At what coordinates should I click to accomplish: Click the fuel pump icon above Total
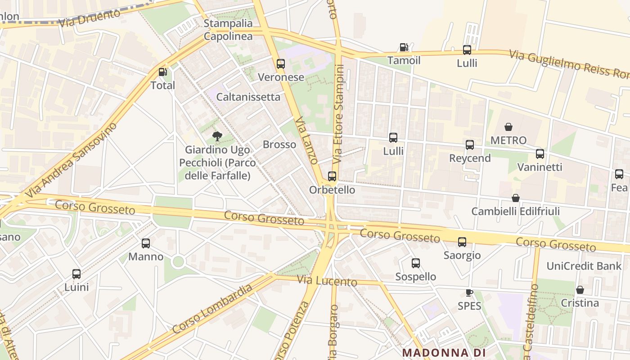162,72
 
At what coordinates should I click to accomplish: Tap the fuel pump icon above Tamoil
404,47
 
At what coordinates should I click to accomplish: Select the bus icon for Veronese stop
281,64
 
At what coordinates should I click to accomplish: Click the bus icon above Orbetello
332,176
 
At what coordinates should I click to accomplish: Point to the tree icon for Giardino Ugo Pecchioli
217,136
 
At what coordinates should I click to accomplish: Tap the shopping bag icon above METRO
508,127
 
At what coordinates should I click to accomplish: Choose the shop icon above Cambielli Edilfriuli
516,198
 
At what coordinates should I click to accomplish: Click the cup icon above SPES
469,293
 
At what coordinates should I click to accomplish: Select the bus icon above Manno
146,243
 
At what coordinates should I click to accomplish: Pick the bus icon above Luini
76,274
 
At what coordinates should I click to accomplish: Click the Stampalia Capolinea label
228,30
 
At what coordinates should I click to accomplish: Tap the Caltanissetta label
248,97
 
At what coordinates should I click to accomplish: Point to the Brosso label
279,144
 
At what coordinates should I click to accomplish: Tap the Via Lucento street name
327,281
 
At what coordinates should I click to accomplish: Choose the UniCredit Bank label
584,266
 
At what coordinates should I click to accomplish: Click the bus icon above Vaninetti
540,154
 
